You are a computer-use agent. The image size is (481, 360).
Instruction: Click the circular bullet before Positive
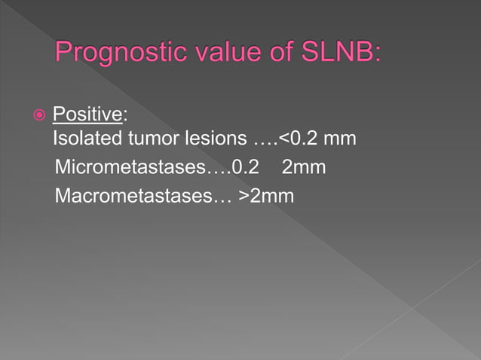(x=39, y=116)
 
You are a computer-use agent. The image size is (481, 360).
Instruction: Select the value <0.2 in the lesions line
(x=298, y=140)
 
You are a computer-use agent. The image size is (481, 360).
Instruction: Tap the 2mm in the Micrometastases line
(x=303, y=167)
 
